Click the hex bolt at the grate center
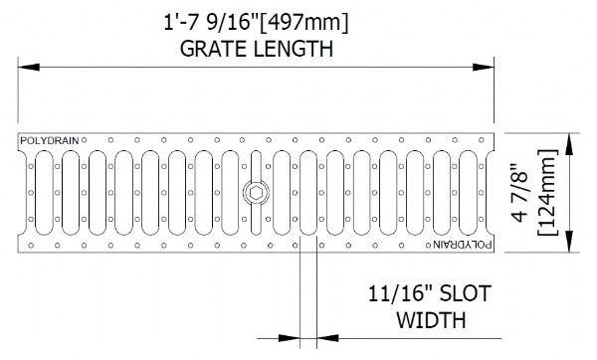tap(256, 193)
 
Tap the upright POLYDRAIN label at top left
tap(50, 141)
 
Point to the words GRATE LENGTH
tap(257, 49)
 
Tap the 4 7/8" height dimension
tap(520, 193)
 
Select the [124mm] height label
tap(548, 193)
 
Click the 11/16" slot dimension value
tap(401, 294)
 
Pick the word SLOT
tap(465, 294)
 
